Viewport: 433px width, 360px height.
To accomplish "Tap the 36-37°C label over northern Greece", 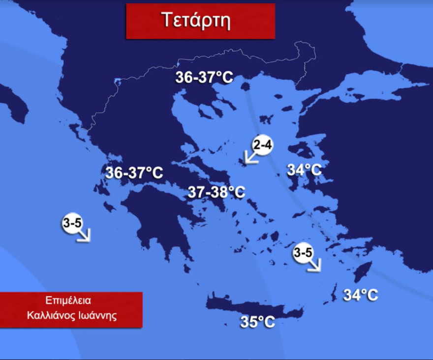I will click(204, 78).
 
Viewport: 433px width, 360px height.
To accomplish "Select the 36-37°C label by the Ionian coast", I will click(134, 173).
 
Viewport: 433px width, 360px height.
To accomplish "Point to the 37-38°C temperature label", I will click(216, 192).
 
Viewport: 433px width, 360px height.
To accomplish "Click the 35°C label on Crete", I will click(257, 322).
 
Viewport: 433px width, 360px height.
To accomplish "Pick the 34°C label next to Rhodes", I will click(361, 295).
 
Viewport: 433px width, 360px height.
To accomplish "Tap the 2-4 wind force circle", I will click(263, 145).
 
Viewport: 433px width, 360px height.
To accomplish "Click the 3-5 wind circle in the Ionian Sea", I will click(72, 223).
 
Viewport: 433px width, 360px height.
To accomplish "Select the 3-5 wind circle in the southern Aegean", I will click(303, 253).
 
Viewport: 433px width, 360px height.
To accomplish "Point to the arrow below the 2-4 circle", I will click(251, 157).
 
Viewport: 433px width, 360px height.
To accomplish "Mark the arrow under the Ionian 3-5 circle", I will click(84, 235).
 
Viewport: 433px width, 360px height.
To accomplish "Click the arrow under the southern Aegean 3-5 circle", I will click(313, 265).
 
